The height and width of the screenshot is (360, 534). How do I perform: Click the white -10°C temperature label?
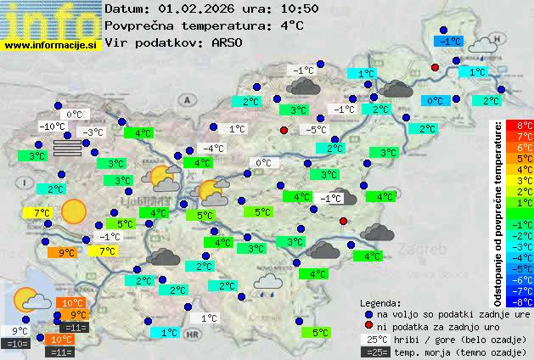pos(53,127)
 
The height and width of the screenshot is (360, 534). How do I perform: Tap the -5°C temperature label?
pos(317,130)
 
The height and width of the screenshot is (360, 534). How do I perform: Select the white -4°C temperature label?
pos(213,149)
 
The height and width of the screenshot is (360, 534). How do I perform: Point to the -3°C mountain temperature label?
pos(93,132)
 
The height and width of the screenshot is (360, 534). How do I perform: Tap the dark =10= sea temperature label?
pos(16,344)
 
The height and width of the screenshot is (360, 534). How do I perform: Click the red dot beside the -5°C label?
pos(284,130)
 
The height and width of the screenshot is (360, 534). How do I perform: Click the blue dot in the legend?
pos(368,314)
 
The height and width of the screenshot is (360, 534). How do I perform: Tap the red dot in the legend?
pos(368,326)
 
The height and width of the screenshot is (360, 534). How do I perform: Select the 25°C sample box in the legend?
pos(373,339)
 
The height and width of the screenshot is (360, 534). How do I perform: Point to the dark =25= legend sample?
pos(373,352)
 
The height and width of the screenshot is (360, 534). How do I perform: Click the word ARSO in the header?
pos(229,42)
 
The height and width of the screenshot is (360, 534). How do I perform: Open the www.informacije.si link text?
pos(51,44)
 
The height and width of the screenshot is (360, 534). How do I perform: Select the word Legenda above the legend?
pos(380,302)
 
